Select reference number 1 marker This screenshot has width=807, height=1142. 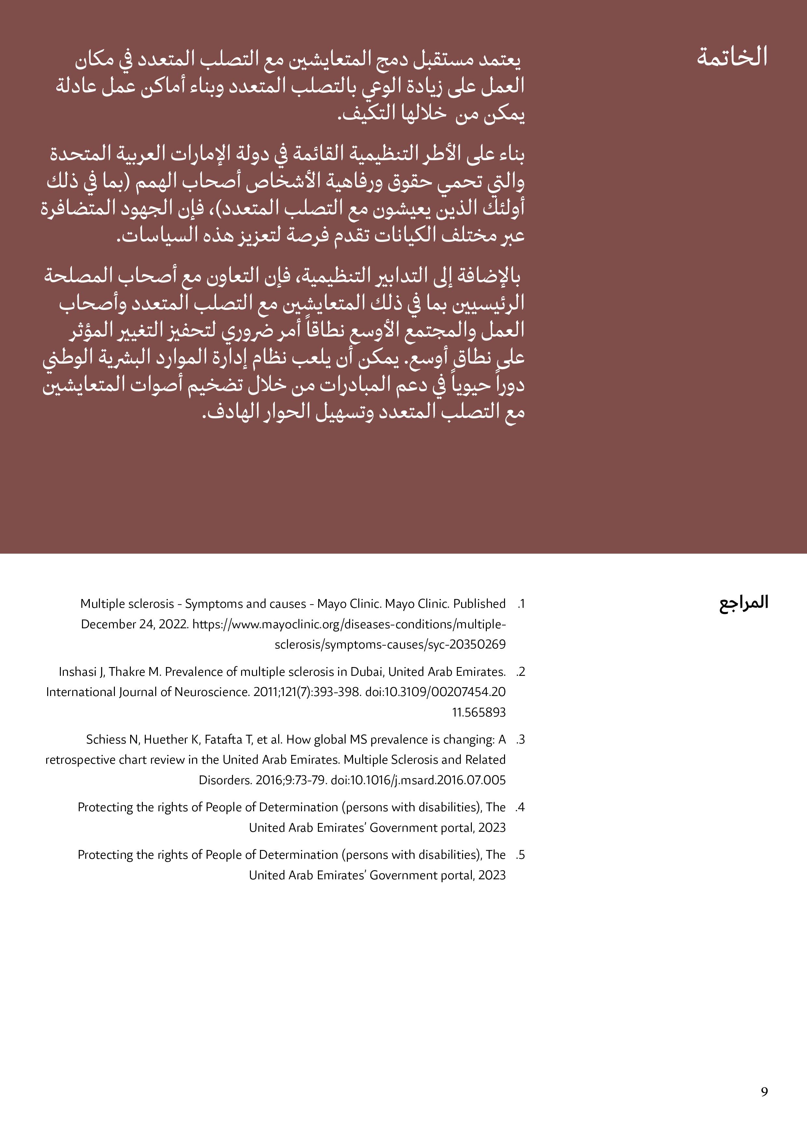click(521, 604)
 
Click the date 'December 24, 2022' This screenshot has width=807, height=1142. click(134, 624)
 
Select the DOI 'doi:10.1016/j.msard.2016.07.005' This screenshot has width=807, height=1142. click(418, 780)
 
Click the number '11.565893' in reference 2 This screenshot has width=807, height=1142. click(478, 712)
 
